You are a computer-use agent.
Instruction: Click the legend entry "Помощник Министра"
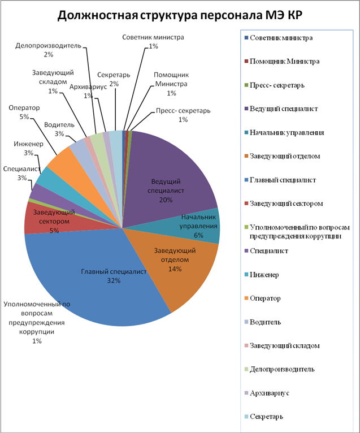point(285,61)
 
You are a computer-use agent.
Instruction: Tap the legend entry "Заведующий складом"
point(285,345)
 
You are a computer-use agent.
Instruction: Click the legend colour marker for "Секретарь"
point(245,417)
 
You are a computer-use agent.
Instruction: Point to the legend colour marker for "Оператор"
point(245,298)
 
